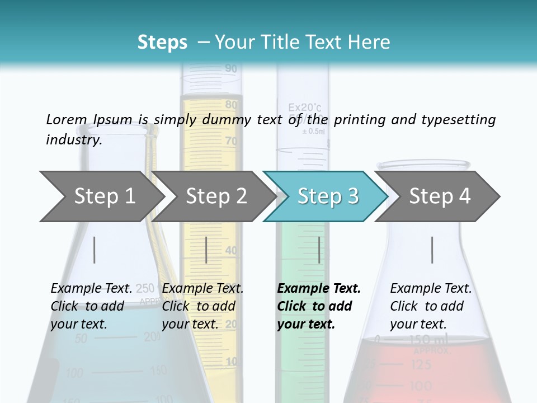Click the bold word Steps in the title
coord(162,43)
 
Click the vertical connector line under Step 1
coord(95,250)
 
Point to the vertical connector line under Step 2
coord(206,250)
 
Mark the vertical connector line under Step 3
coord(319,250)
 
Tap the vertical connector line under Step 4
coord(432,250)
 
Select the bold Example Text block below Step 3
coord(319,306)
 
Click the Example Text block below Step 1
coord(91,306)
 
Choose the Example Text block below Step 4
coord(431,306)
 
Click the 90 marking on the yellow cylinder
coord(230,69)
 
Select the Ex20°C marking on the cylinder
coord(305,107)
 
